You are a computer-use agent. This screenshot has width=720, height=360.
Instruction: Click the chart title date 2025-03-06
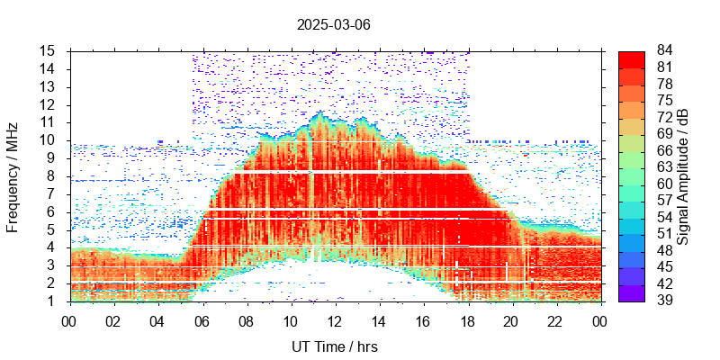(x=333, y=24)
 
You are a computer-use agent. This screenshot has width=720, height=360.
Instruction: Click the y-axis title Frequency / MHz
(x=13, y=175)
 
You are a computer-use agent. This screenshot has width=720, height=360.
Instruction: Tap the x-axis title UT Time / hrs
(x=333, y=346)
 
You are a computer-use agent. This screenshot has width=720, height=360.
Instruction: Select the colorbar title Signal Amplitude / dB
(x=683, y=175)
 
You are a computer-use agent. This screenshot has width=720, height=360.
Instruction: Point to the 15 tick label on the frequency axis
(x=49, y=50)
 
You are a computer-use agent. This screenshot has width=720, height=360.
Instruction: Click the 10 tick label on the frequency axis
(x=49, y=140)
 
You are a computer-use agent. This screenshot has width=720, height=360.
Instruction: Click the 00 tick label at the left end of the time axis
(x=69, y=319)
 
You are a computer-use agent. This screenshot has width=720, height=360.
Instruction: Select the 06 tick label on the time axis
(x=202, y=319)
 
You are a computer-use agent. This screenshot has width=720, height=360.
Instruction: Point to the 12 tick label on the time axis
(x=335, y=319)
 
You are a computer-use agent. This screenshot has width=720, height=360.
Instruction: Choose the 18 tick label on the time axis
(x=467, y=319)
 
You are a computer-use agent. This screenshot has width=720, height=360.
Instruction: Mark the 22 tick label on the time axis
(x=555, y=319)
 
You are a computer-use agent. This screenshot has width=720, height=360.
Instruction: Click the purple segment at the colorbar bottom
(x=632, y=292)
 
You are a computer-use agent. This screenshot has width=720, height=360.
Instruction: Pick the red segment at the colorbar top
(x=632, y=58)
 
